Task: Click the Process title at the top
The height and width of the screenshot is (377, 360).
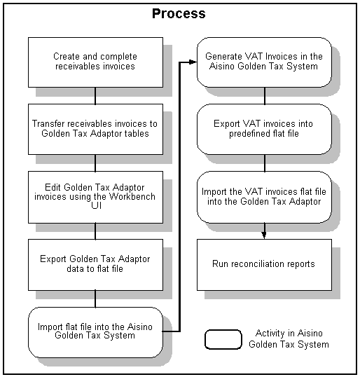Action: click(x=179, y=13)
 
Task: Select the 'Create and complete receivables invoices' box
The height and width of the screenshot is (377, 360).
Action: click(x=95, y=62)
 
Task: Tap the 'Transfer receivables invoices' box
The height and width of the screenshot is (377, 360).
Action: click(x=95, y=128)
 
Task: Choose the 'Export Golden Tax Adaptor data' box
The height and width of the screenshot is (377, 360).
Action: click(x=95, y=263)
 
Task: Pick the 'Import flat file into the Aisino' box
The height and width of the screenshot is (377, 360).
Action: click(x=95, y=331)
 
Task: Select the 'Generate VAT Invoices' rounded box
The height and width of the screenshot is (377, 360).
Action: click(x=264, y=62)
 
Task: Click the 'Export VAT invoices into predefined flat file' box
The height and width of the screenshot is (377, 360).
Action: click(x=264, y=128)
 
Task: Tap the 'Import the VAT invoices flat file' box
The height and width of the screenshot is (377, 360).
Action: click(x=264, y=196)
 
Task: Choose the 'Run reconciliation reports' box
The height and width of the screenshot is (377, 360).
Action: click(x=264, y=264)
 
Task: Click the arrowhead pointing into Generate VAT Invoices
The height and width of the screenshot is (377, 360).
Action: click(x=193, y=62)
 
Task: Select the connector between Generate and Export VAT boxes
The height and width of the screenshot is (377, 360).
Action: click(x=264, y=95)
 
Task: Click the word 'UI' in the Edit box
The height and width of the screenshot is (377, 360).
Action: click(x=96, y=206)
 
